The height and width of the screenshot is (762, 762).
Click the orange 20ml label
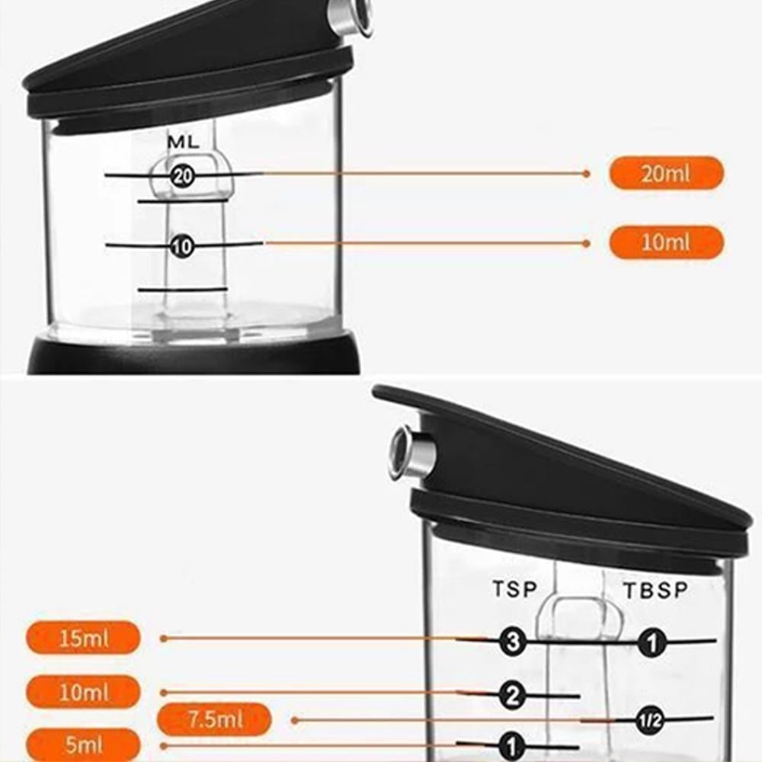[x=665, y=173]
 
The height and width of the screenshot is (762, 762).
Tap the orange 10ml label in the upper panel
[x=665, y=242]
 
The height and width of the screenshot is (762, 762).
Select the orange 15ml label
[x=84, y=638]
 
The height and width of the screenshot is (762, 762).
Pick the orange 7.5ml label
[x=215, y=719]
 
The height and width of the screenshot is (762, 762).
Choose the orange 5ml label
[x=84, y=744]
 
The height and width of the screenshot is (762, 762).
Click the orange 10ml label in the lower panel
[x=84, y=692]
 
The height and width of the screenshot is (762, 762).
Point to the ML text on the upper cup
[x=183, y=142]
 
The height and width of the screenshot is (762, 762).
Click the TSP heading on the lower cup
[x=514, y=589]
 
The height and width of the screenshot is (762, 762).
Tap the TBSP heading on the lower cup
[x=655, y=590]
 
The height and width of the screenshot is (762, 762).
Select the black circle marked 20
[x=183, y=176]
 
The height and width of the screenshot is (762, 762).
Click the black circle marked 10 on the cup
[x=183, y=246]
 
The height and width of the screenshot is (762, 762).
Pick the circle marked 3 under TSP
[x=513, y=642]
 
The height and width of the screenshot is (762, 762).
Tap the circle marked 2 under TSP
[x=513, y=695]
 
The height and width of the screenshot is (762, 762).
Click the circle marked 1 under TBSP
[x=650, y=643]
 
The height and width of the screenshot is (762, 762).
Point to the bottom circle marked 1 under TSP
[x=512, y=746]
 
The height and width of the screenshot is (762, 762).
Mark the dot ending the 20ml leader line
[x=586, y=174]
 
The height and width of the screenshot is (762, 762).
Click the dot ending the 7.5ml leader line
[x=294, y=719]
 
